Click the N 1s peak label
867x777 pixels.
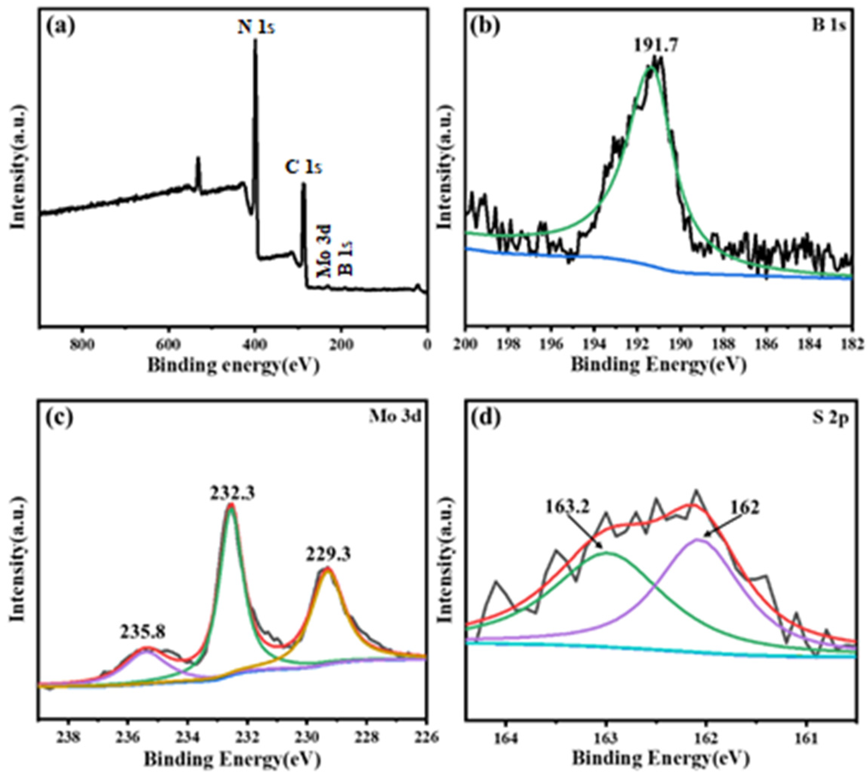point(256,28)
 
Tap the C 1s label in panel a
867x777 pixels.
point(303,168)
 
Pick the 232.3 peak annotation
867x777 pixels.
point(232,493)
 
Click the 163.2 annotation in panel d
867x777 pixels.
point(567,507)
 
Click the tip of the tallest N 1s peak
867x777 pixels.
point(255,40)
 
